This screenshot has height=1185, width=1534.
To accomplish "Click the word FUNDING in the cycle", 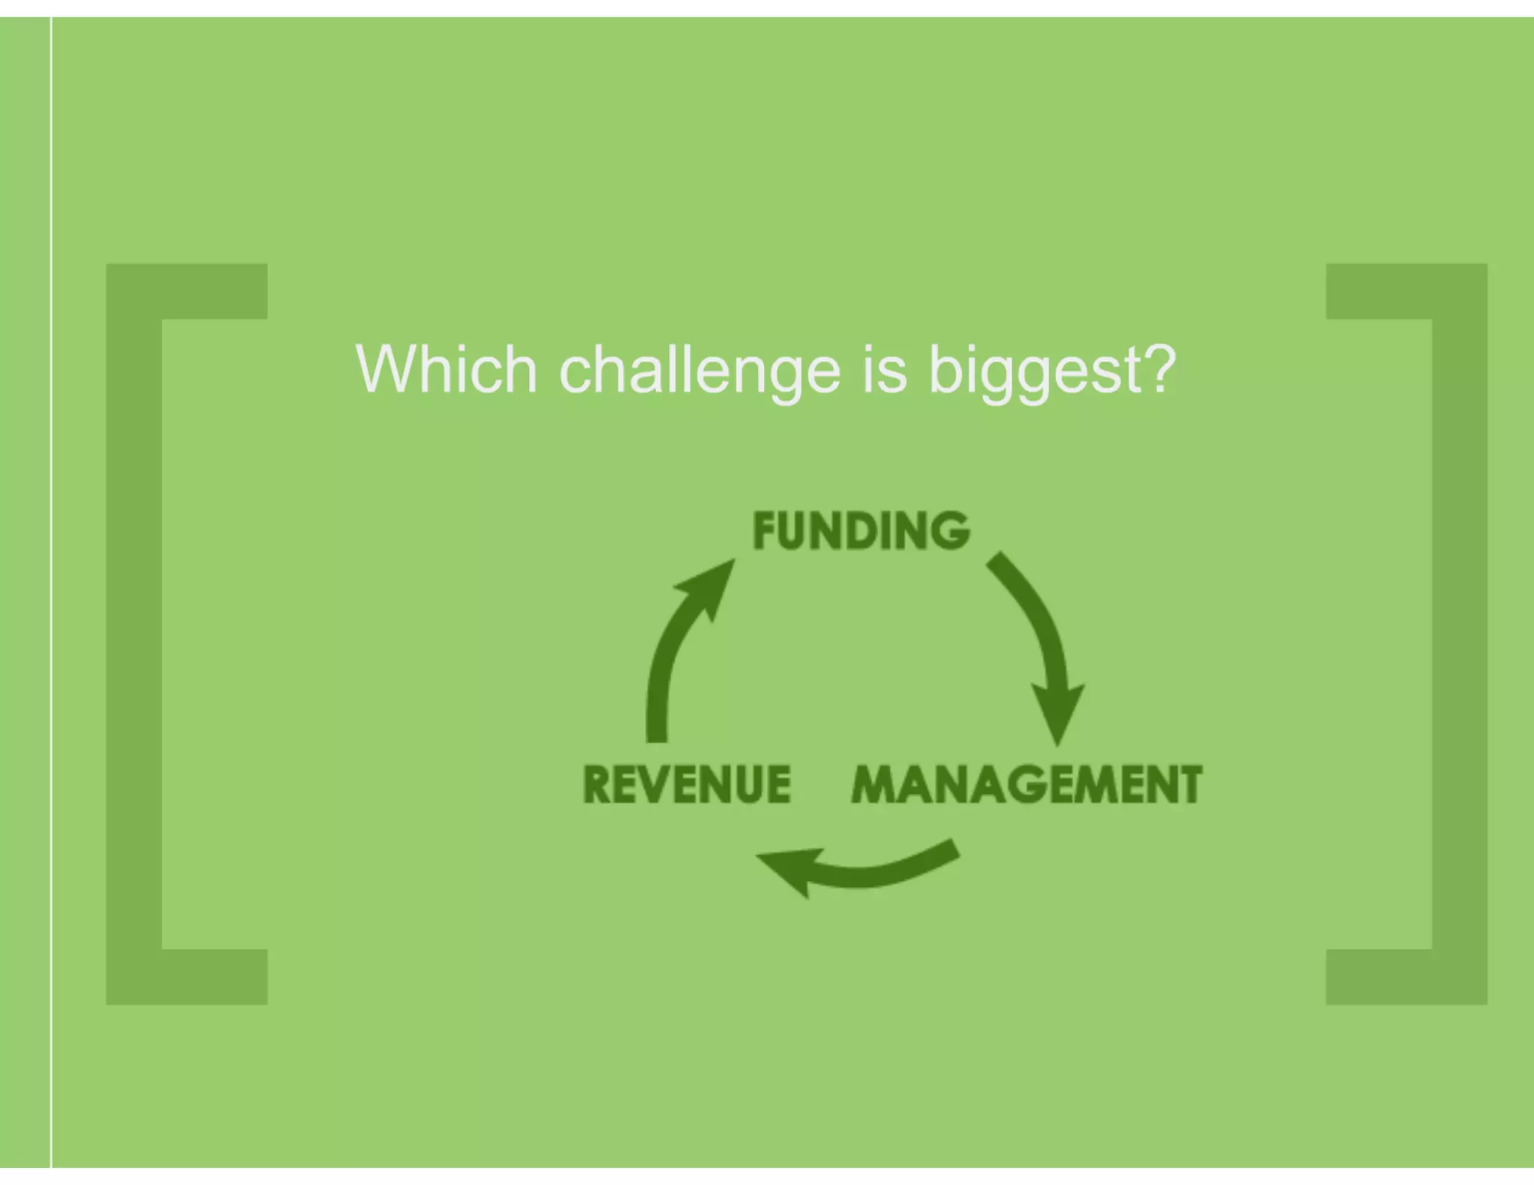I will (x=861, y=530).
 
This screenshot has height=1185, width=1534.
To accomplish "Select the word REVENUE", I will (x=687, y=784).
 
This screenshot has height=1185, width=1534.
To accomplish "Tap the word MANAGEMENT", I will (x=1026, y=784).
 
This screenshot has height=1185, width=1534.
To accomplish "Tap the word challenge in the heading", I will (x=700, y=370).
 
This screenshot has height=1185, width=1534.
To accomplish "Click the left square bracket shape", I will (x=135, y=633).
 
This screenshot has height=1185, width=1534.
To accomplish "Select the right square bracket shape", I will (x=1459, y=633).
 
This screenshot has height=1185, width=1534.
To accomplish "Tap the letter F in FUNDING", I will (x=765, y=530).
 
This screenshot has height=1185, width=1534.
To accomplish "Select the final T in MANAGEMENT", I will (x=1188, y=784).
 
